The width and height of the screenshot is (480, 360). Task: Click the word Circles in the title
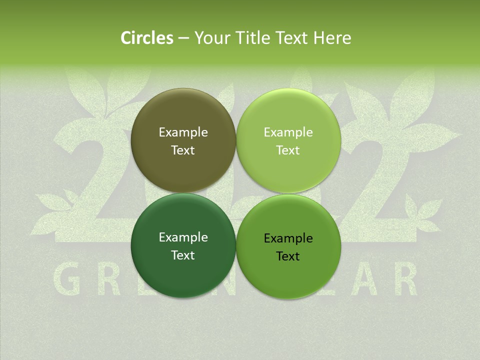(x=147, y=38)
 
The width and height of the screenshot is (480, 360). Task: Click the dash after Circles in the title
(x=183, y=38)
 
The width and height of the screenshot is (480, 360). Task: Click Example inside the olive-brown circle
(x=183, y=132)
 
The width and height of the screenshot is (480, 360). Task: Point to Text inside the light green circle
(x=288, y=150)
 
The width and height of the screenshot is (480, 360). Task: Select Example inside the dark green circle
(x=183, y=237)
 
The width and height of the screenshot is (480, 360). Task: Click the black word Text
(x=288, y=256)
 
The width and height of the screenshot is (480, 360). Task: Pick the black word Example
(x=288, y=238)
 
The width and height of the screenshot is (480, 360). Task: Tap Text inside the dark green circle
(x=183, y=255)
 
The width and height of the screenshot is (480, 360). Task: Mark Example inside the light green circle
(x=288, y=132)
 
